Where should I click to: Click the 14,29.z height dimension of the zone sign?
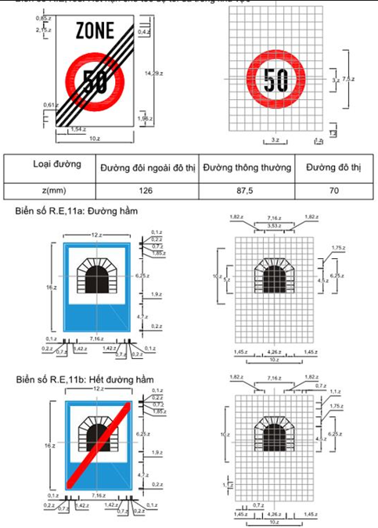click(x=152, y=72)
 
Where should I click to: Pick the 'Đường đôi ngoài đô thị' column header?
click(x=147, y=169)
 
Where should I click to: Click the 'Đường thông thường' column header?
click(x=247, y=167)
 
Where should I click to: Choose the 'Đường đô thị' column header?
click(x=332, y=167)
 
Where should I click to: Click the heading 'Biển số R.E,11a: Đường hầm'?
click(x=75, y=212)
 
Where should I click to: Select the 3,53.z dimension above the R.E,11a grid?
click(x=274, y=225)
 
